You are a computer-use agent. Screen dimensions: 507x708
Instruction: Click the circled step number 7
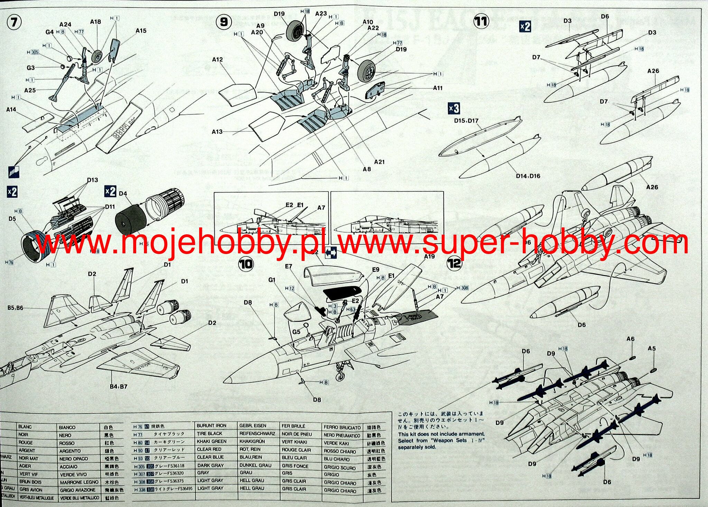[x=14, y=22]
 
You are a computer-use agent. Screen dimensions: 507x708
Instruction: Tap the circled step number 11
[x=481, y=21]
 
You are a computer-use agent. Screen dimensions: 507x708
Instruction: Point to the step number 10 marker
[x=246, y=265]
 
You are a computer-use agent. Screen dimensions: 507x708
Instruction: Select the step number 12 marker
[x=454, y=263]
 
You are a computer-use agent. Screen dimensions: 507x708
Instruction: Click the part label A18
[x=95, y=22]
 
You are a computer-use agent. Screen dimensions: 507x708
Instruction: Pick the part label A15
[x=141, y=31]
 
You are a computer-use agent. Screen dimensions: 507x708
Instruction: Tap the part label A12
[x=217, y=60]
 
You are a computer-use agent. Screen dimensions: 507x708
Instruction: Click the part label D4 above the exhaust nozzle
[x=123, y=194]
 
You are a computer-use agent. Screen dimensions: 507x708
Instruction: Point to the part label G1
[x=272, y=280]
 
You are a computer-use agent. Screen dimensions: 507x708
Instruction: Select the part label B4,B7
[x=118, y=386]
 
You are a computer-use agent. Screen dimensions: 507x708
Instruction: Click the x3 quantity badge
[x=454, y=109]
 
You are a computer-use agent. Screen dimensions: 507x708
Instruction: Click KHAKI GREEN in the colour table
[x=212, y=442]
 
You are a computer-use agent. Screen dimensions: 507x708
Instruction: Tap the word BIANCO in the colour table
[x=67, y=428]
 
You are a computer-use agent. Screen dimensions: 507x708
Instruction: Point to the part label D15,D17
[x=466, y=121]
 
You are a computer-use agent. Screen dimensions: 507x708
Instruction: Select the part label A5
[x=652, y=348]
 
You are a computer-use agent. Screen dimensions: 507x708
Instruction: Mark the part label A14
[x=11, y=110]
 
